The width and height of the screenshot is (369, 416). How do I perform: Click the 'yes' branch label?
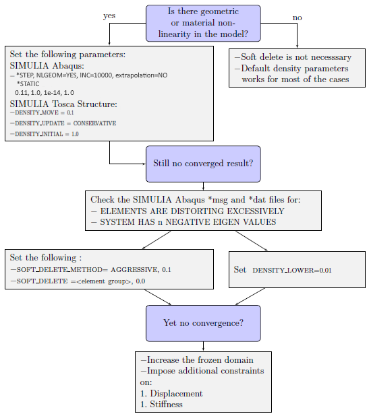coord(109,16)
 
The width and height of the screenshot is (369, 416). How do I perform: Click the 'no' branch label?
coord(297,18)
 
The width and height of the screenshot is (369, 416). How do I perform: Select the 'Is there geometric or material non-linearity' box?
coord(203,23)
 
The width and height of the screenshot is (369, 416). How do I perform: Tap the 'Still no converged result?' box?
coord(203,164)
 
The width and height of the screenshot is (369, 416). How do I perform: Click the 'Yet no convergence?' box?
coord(203,323)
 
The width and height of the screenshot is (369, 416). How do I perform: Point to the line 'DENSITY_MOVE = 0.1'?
coord(42,113)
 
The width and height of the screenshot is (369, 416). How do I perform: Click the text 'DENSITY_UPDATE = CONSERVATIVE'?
coord(63,123)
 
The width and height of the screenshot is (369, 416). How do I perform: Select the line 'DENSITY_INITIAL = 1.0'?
coord(45,134)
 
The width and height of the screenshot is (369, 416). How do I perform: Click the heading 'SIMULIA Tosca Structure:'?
coord(63,104)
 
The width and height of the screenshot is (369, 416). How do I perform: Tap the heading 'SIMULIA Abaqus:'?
coord(47,65)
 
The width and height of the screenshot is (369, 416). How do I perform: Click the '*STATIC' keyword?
coord(28,84)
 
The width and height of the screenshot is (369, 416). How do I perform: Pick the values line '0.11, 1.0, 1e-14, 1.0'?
coord(45,93)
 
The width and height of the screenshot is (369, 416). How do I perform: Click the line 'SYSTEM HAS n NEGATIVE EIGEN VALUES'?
coord(183,222)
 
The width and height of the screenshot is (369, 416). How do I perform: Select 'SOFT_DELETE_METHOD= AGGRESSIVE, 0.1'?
coord(90,270)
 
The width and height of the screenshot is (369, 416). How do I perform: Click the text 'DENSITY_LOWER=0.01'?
coord(292,271)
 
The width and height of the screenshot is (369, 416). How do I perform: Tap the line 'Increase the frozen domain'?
coord(197,360)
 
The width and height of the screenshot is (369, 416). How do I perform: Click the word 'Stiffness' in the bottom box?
coord(166,405)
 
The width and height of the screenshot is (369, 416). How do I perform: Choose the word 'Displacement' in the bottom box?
coord(176,393)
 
